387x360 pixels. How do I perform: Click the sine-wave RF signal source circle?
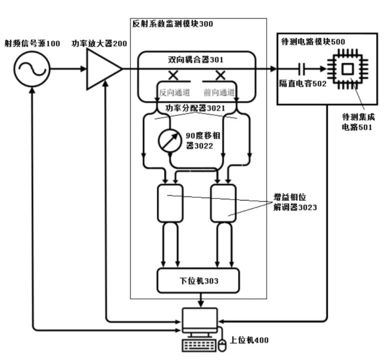32,69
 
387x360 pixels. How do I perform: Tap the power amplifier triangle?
104,69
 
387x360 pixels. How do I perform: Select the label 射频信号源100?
32,43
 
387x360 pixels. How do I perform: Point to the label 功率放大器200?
99,43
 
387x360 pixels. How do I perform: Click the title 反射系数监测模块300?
173,24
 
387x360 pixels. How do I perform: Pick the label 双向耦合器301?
195,59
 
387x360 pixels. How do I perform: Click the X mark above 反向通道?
173,75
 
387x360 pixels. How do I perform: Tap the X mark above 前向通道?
220,75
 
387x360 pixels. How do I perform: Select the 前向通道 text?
219,93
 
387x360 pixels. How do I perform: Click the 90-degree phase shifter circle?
170,140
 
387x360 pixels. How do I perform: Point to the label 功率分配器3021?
195,108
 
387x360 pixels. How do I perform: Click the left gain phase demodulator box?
170,203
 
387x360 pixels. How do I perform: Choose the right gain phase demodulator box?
223,203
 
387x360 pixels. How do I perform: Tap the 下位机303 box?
198,280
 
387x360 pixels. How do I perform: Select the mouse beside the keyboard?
222,346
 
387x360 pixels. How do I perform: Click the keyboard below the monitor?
199,346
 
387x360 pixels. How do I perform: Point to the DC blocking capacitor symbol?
302,69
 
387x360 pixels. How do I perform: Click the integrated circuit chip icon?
348,69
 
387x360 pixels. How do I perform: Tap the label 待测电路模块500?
313,41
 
